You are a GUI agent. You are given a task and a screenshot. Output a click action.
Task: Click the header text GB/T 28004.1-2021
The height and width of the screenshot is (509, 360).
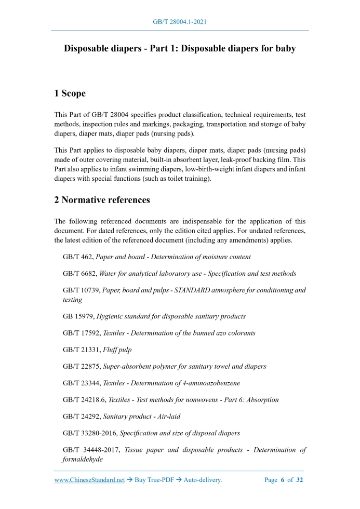[180, 22]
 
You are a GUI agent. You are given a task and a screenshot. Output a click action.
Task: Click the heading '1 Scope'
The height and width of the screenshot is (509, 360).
[70, 94]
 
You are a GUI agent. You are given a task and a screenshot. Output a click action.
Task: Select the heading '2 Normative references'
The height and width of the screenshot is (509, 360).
[102, 199]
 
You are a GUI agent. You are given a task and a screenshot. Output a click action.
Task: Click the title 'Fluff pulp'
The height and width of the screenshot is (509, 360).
[117, 350]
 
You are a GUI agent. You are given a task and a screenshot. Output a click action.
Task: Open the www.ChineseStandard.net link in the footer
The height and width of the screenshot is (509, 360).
[89, 480]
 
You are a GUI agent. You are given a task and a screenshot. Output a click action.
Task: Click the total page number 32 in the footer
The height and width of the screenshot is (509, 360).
[299, 480]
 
